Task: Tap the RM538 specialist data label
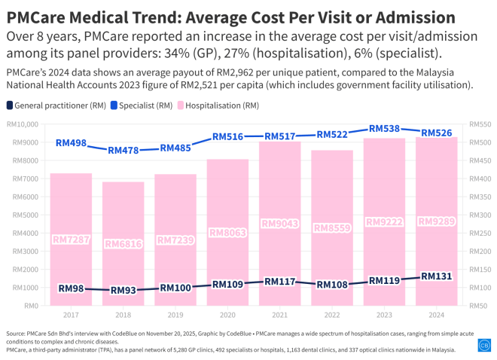click(x=384, y=129)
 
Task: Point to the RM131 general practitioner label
click(x=436, y=276)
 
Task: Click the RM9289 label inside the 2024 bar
click(x=436, y=221)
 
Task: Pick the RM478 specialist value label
click(x=123, y=151)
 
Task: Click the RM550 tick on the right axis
click(x=479, y=124)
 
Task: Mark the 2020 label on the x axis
click(x=227, y=316)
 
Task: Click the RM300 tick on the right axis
click(x=479, y=215)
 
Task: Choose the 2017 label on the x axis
click(x=71, y=316)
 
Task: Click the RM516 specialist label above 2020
click(x=227, y=137)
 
